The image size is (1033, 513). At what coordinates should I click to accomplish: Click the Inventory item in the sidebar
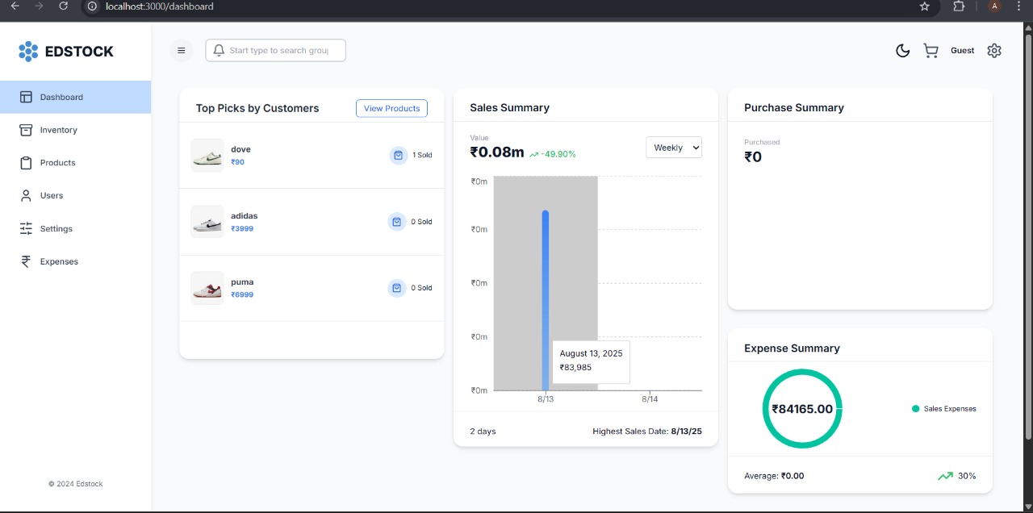pyautogui.click(x=58, y=130)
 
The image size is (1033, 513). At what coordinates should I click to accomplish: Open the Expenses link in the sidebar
pyautogui.click(x=59, y=261)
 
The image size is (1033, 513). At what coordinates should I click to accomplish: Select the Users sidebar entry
pyautogui.click(x=51, y=195)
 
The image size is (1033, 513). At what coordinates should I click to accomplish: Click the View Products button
pyautogui.click(x=391, y=108)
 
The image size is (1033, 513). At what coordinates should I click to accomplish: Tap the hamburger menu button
pyautogui.click(x=181, y=50)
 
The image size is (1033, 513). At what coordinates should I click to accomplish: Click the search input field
pyautogui.click(x=278, y=50)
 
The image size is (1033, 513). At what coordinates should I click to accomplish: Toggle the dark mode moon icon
pyautogui.click(x=903, y=51)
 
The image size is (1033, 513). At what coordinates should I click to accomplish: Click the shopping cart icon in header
pyautogui.click(x=931, y=51)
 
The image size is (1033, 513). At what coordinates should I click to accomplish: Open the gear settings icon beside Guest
pyautogui.click(x=994, y=50)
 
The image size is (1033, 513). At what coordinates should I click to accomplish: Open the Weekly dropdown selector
pyautogui.click(x=674, y=148)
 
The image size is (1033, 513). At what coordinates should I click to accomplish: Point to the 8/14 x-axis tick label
pyautogui.click(x=650, y=399)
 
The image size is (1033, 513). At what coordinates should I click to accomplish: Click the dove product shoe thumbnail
pyautogui.click(x=207, y=155)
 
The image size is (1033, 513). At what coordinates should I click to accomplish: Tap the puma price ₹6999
pyautogui.click(x=242, y=294)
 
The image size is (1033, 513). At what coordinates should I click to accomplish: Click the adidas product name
pyautogui.click(x=245, y=216)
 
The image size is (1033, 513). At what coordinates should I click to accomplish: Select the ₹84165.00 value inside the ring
pyautogui.click(x=802, y=409)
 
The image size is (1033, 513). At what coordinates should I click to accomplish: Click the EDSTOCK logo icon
pyautogui.click(x=28, y=52)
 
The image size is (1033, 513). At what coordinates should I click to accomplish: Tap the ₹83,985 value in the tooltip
pyautogui.click(x=575, y=367)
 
